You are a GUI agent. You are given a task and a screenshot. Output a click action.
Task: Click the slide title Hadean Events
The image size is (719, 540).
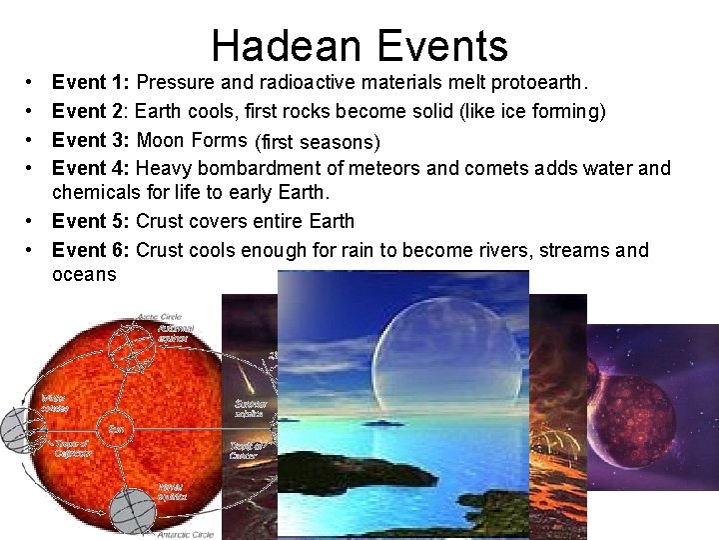359,46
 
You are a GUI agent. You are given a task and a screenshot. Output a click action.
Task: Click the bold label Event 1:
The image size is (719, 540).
92,83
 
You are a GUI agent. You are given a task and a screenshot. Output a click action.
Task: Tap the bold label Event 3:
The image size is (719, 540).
92,140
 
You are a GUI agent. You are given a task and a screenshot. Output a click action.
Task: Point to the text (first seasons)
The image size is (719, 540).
318,141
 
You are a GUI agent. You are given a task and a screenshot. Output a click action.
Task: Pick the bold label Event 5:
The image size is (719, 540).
92,221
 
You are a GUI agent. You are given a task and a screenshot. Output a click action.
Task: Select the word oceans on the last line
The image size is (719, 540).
84,274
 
